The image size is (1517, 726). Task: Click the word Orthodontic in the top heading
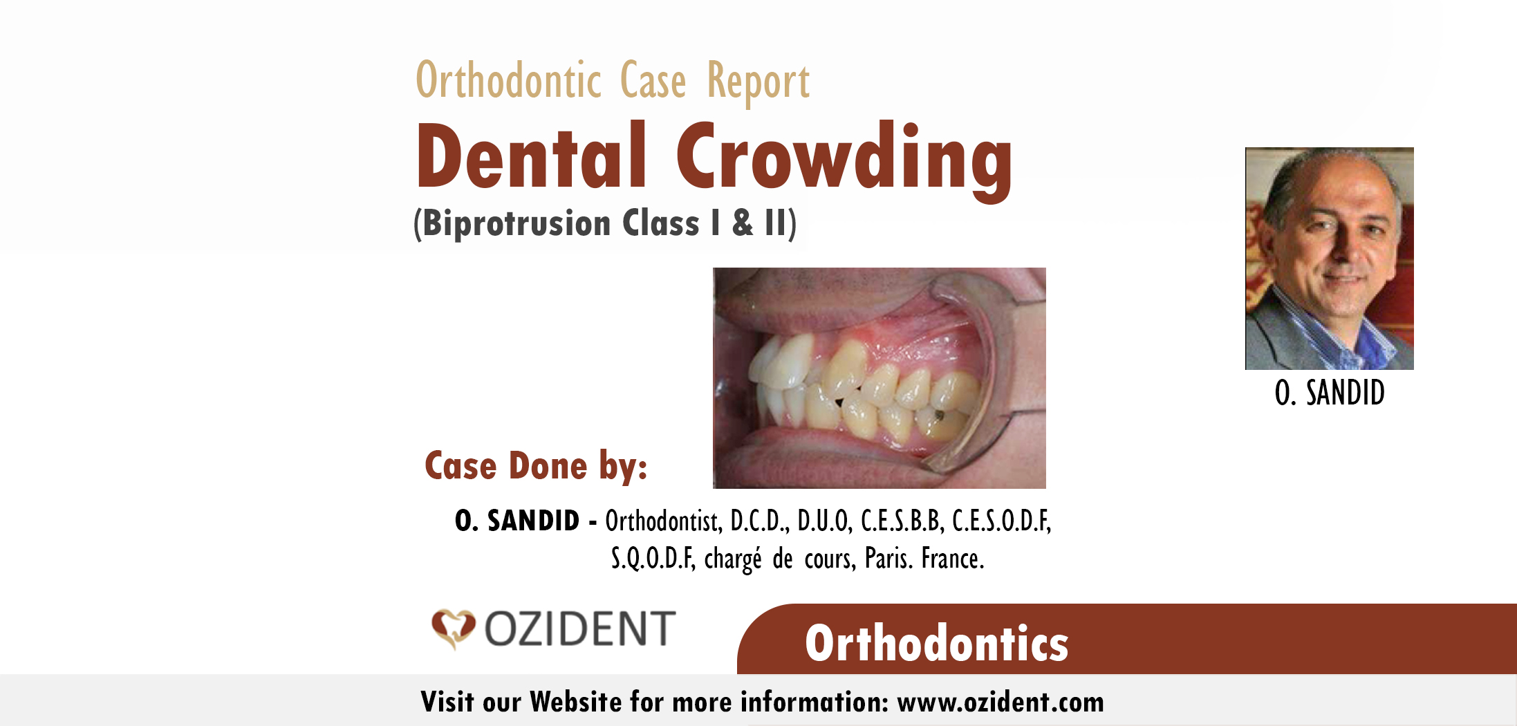point(508,81)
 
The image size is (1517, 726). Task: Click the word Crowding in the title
point(844,161)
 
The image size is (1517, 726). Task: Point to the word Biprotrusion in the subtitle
point(516,223)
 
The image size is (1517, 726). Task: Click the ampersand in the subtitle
point(743,223)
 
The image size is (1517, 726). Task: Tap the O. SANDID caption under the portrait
point(1330,393)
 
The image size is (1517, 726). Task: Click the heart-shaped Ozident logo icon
point(454,629)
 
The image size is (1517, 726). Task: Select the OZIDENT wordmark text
point(579,629)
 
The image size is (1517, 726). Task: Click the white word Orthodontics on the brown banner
point(937,643)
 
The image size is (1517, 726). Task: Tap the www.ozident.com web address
point(1001,702)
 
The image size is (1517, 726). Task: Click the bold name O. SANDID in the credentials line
point(517,521)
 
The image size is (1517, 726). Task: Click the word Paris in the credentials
point(888,559)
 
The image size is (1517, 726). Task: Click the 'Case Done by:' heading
point(536,465)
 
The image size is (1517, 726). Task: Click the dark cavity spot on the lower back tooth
point(939,415)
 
